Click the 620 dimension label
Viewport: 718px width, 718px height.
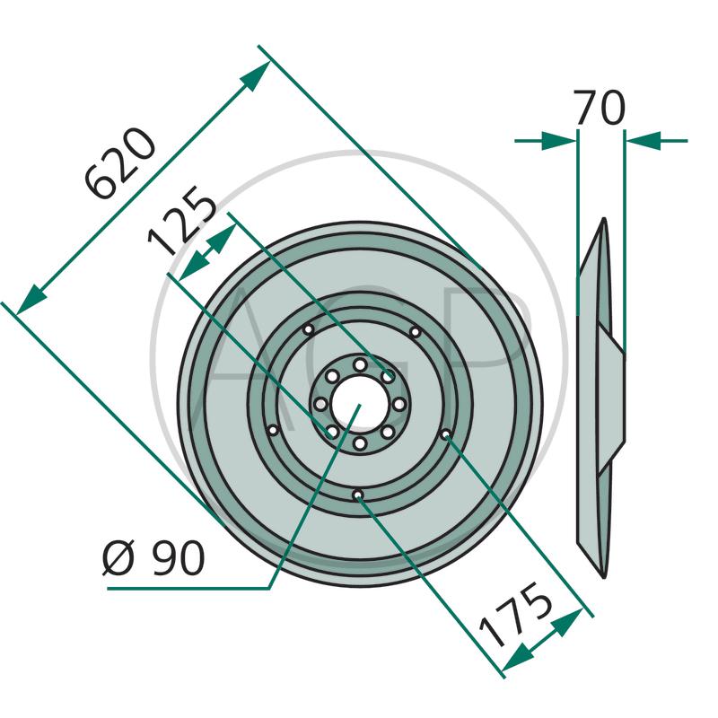coord(121,163)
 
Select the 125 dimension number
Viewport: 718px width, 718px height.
coord(181,220)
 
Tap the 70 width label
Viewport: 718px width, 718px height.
coord(600,107)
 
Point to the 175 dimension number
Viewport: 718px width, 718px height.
coord(514,614)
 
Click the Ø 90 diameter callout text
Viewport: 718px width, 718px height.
coord(153,557)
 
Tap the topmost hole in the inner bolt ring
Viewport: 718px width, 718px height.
coord(360,365)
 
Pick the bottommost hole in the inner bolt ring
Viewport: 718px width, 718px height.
coord(360,443)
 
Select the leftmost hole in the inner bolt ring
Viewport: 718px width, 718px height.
coord(321,405)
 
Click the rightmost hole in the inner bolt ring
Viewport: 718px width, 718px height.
coord(399,405)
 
